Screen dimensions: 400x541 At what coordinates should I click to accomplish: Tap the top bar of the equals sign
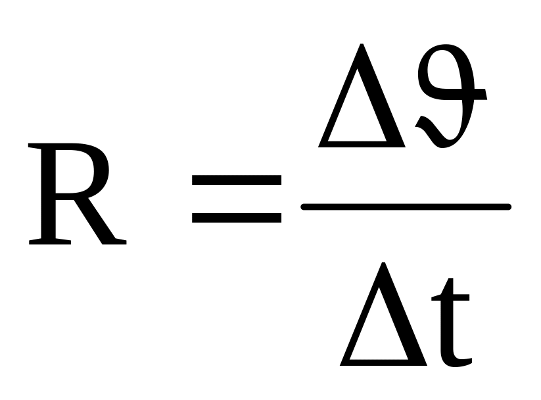point(237,180)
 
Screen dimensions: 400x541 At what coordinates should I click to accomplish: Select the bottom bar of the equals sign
point(237,216)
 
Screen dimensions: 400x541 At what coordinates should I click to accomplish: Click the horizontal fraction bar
point(405,207)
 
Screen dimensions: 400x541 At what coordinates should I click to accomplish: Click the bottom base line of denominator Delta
point(385,362)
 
